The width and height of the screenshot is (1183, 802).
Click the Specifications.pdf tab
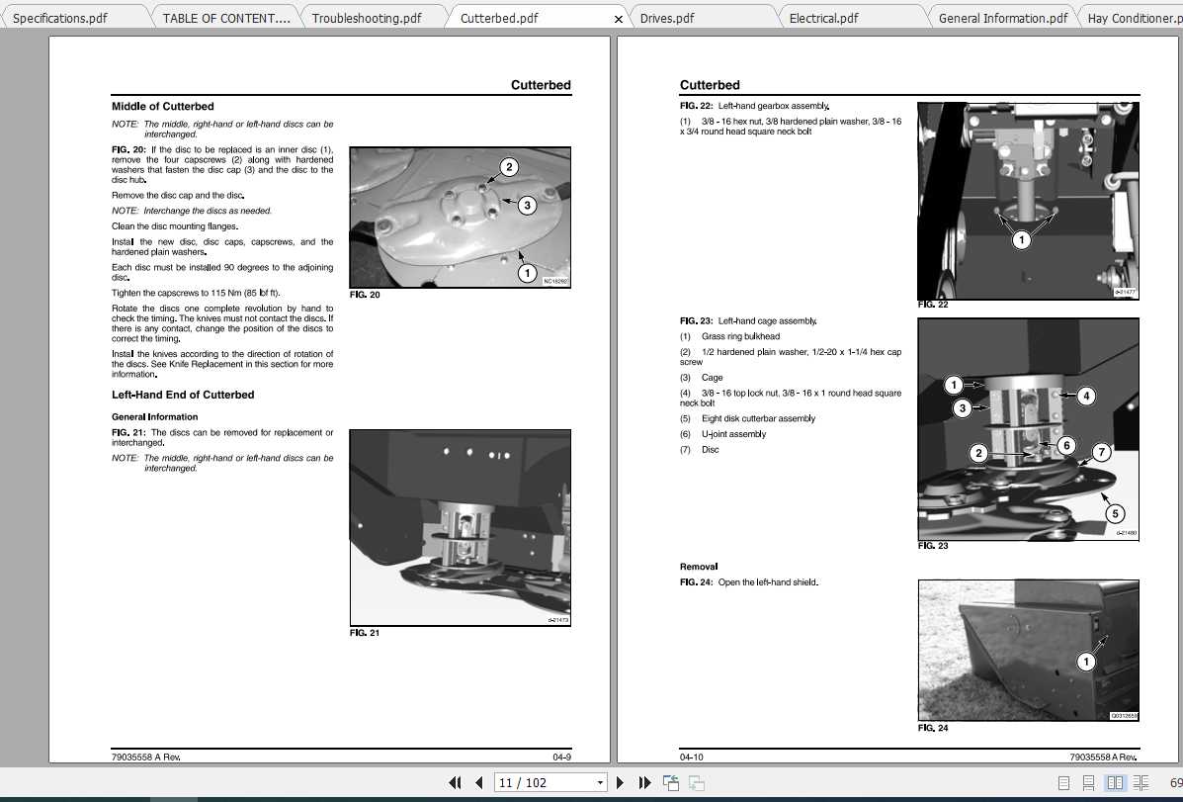click(x=60, y=18)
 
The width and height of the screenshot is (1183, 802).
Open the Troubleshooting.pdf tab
click(x=366, y=18)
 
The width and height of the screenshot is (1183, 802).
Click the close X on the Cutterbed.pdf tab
click(x=619, y=19)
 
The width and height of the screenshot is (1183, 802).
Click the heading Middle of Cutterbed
click(x=162, y=106)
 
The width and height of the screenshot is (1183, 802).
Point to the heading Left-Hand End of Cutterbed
click(x=183, y=395)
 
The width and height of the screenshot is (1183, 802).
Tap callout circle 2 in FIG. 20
click(x=508, y=167)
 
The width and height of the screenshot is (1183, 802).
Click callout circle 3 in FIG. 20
click(x=527, y=206)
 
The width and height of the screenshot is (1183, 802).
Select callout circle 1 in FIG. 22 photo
click(x=1021, y=239)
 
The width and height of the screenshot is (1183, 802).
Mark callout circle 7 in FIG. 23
click(x=1101, y=452)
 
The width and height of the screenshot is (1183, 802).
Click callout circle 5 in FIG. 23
click(x=1115, y=513)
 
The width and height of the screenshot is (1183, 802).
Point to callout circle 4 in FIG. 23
click(x=1085, y=397)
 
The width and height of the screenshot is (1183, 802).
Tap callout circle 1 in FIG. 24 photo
click(x=1085, y=662)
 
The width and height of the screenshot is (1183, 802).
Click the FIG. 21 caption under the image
click(x=365, y=633)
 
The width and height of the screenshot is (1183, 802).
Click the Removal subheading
click(x=699, y=567)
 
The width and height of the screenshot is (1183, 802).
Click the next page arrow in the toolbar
click(x=621, y=782)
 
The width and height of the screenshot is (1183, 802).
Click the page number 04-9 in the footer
click(x=561, y=757)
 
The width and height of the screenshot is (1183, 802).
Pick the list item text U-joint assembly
click(x=733, y=434)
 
